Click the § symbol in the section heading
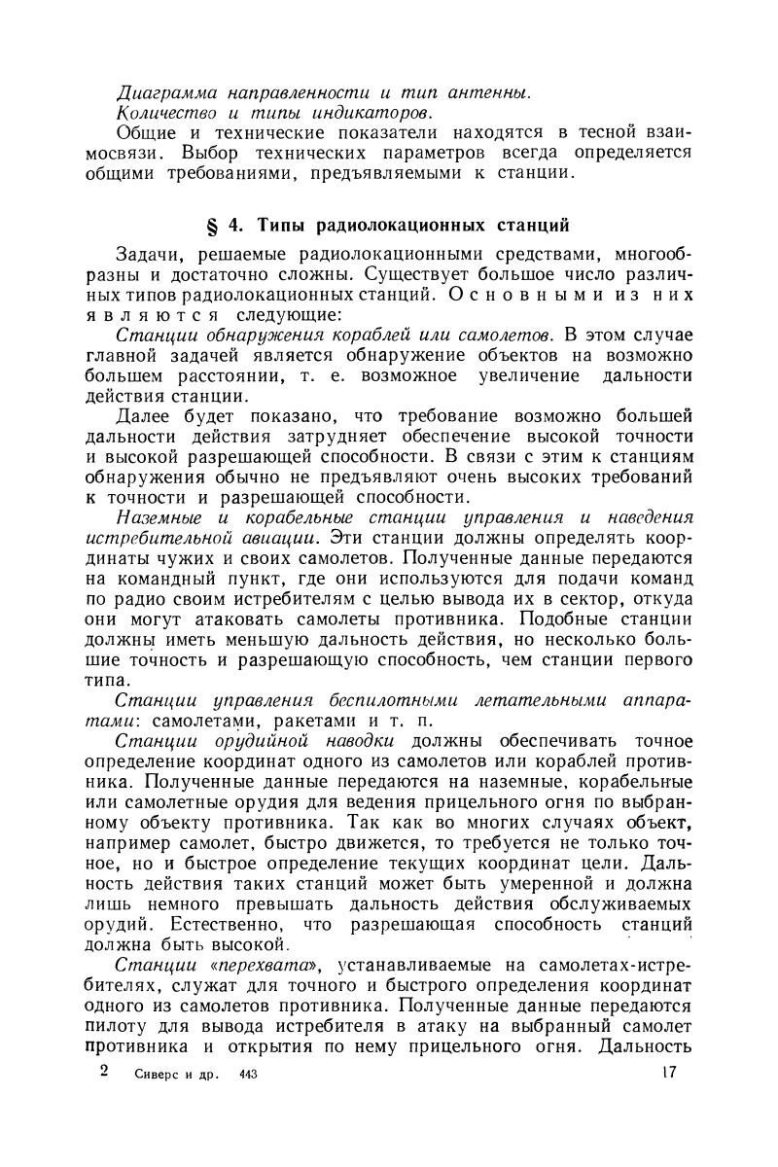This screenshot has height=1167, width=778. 214,228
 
